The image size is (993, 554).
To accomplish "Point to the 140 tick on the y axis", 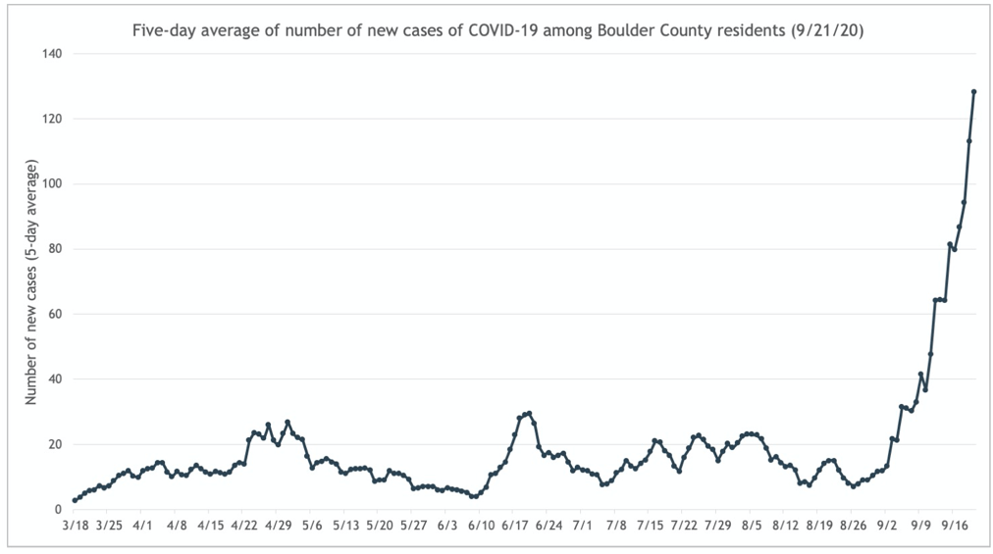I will (x=51, y=54).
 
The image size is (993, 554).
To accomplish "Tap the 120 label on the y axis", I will (x=51, y=119).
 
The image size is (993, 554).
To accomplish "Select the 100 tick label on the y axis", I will (x=51, y=184).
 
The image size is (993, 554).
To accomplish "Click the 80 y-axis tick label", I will (x=54, y=249).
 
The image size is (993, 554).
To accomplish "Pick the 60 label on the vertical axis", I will (x=54, y=314).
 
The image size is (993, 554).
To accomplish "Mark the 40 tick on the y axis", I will (x=54, y=379).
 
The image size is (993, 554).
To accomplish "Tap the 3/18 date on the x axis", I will (x=76, y=526).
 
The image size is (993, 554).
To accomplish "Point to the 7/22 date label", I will (x=684, y=526).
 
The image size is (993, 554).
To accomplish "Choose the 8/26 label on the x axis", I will (x=853, y=526).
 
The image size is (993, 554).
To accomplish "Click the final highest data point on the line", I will (x=973, y=91).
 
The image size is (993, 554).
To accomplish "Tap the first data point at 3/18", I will (x=76, y=500).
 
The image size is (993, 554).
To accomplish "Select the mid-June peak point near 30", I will (x=529, y=413).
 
